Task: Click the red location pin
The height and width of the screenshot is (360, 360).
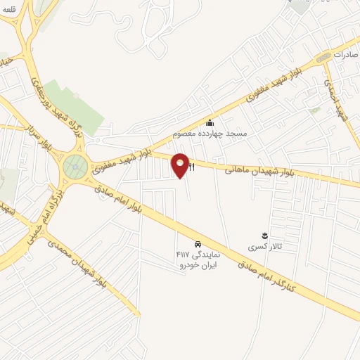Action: [x=181, y=165]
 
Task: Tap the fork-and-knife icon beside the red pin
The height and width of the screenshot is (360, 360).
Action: [x=191, y=166]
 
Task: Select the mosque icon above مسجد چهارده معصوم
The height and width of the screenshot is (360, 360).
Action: [x=209, y=123]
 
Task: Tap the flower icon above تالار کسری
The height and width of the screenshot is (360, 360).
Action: [x=264, y=235]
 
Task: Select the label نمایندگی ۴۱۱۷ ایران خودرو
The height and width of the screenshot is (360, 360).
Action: [x=198, y=258]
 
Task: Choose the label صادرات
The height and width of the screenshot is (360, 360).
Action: [x=347, y=54]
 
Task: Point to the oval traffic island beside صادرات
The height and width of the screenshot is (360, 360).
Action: [x=323, y=57]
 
